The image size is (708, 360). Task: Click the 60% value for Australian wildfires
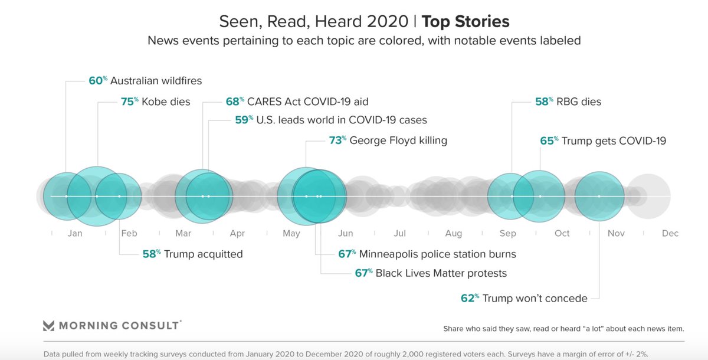[x=97, y=81]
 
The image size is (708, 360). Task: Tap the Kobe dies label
[x=166, y=102]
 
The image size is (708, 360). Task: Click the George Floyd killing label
[x=398, y=140]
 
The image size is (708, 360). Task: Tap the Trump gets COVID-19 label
[x=614, y=140]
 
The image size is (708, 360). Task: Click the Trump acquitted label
[x=203, y=254]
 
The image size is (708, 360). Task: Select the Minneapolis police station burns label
[x=437, y=254]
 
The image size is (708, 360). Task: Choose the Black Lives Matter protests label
[x=441, y=273]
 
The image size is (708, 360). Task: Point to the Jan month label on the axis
[x=75, y=233]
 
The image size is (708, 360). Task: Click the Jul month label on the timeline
[x=399, y=233]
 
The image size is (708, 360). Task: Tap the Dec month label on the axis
[x=670, y=233]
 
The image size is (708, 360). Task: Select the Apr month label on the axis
[x=237, y=233]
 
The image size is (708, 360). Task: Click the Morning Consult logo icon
[x=48, y=326]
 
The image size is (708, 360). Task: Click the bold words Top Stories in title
[x=466, y=22]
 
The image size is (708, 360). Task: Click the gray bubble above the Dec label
[x=648, y=196]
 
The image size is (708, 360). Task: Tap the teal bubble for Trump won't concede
[x=599, y=196]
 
